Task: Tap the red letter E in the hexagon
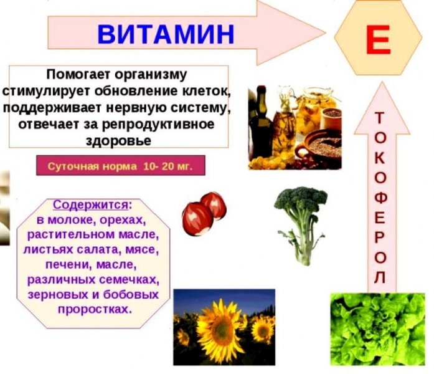coord(378,39)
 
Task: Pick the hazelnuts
coord(203,212)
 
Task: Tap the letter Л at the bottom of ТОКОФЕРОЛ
coord(380,276)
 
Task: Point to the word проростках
coord(92,309)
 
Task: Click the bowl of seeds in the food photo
coord(324,146)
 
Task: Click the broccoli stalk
coord(303,243)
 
